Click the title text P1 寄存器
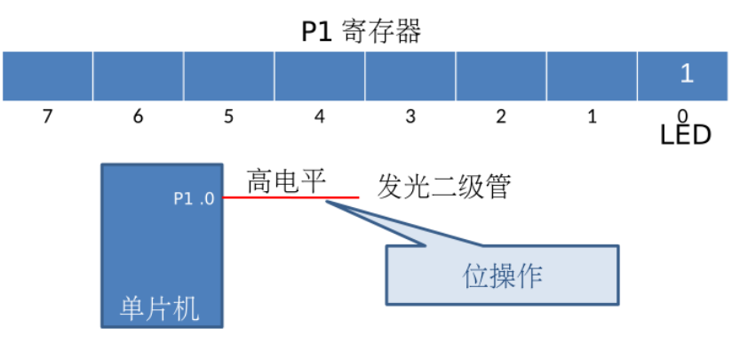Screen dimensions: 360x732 (x=361, y=32)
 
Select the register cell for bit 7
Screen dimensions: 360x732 (x=47, y=76)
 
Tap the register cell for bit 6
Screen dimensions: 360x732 (x=138, y=76)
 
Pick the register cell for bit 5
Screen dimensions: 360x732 (x=228, y=76)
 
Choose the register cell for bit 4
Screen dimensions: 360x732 (x=320, y=76)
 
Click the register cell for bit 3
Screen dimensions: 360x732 (x=410, y=76)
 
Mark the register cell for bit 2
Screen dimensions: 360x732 (x=501, y=76)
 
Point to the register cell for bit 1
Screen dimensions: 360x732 (x=592, y=76)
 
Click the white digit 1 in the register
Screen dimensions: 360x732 (x=686, y=74)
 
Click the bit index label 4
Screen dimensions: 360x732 (x=320, y=116)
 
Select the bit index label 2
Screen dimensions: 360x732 (x=501, y=116)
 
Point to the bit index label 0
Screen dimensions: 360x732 (x=682, y=116)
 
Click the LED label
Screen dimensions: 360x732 (x=686, y=135)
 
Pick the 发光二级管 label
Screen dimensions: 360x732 (x=444, y=188)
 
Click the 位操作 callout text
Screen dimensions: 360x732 (x=503, y=276)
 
